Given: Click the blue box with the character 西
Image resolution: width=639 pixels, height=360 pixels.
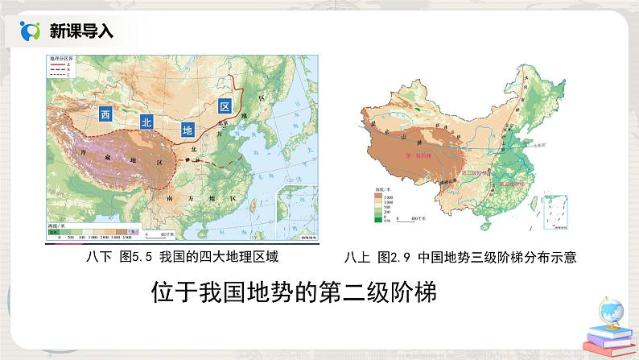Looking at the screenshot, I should pyautogui.click(x=105, y=114).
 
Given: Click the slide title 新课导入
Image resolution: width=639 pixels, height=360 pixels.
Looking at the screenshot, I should pyautogui.click(x=81, y=31).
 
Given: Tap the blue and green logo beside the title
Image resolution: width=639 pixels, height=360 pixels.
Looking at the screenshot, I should pyautogui.click(x=30, y=31).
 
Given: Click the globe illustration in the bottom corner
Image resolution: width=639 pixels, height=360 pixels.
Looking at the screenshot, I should pyautogui.click(x=610, y=310).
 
